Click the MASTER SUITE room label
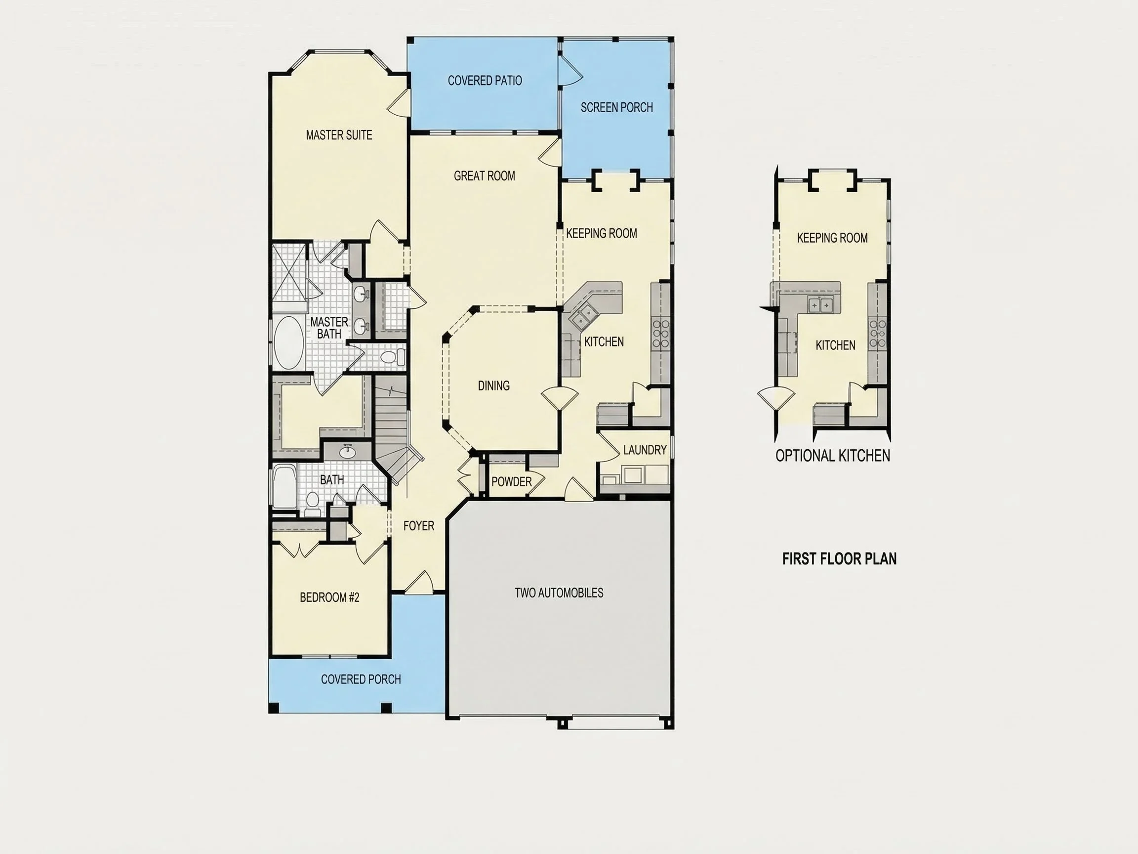339,135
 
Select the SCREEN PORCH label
617,107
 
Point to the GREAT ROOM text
484,176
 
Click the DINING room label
493,385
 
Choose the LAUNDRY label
645,450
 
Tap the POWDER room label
511,482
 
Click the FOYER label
419,525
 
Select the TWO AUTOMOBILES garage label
559,593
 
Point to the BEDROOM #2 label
329,597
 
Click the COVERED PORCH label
361,679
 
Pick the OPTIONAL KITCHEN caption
832,456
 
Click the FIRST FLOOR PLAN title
839,558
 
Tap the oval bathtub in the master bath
288,342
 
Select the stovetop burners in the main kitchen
661,333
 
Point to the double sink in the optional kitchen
820,305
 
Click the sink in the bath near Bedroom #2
348,451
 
